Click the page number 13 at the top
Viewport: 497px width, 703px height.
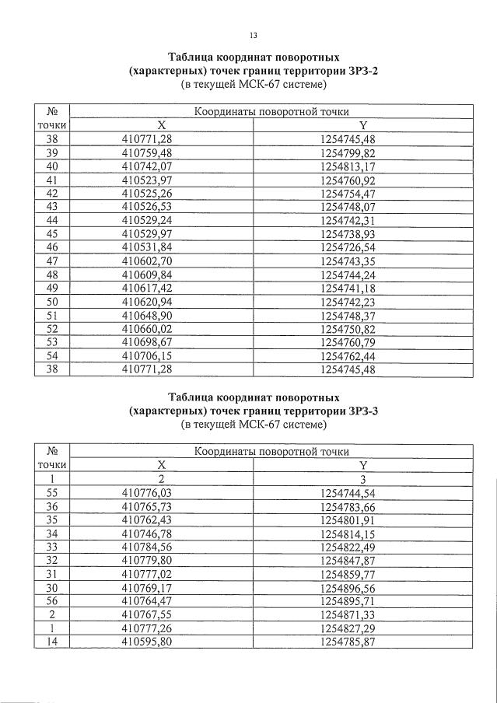253,36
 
